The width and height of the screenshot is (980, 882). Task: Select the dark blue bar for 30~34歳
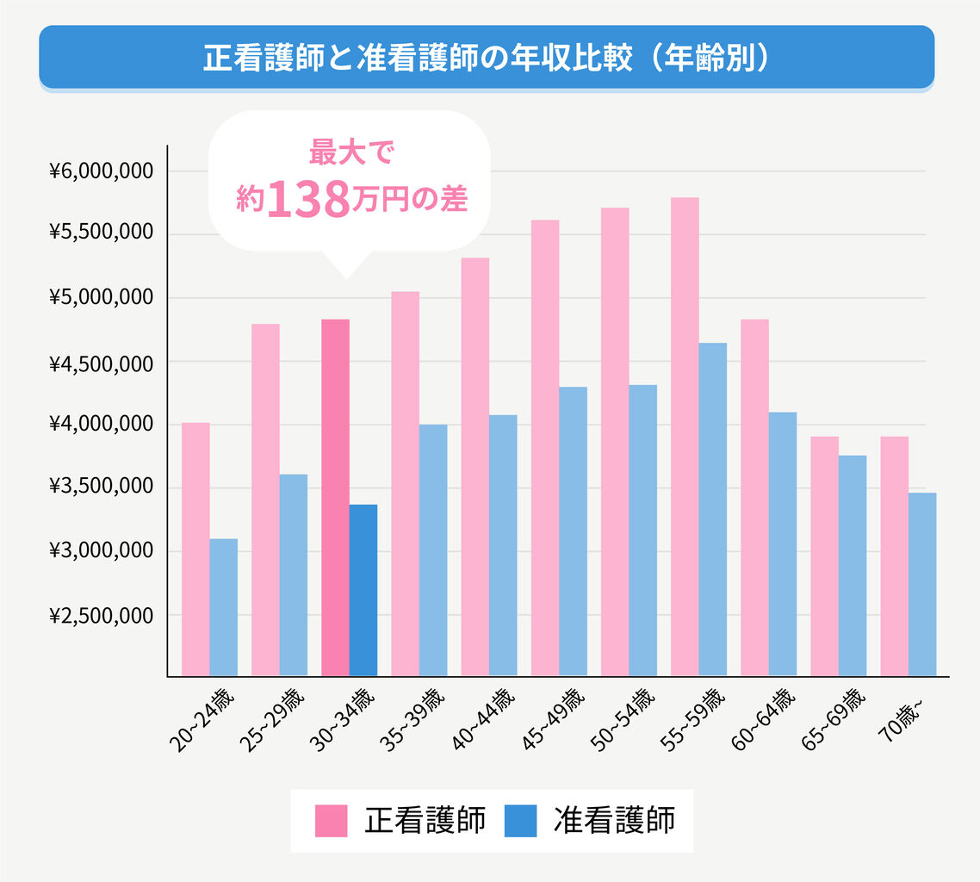coord(363,590)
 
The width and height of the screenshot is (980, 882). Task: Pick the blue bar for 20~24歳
coord(224,607)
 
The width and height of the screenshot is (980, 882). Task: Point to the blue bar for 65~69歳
coord(853,565)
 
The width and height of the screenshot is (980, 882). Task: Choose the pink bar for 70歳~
coord(894,556)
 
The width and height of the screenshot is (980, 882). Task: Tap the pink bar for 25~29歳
coord(265,500)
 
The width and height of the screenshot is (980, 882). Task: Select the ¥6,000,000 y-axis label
coord(102,171)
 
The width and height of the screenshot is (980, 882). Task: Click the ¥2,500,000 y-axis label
coord(102,616)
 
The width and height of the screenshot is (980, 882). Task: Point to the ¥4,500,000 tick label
coord(102,362)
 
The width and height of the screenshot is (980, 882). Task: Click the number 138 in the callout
coord(308,200)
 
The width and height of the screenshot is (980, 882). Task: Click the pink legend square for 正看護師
coord(331,821)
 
